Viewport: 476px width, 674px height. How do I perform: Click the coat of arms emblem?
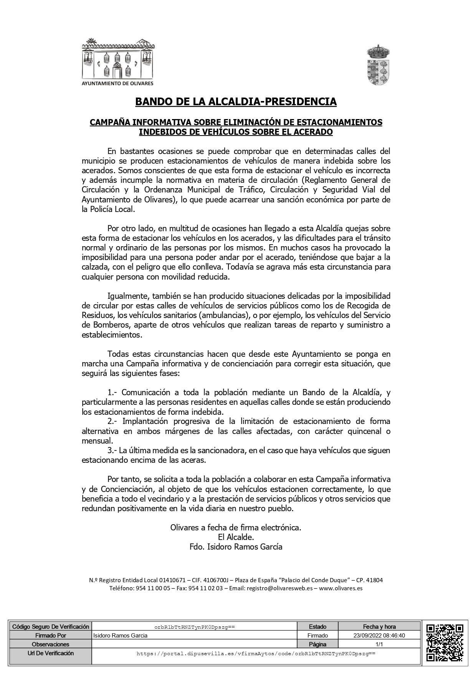378,65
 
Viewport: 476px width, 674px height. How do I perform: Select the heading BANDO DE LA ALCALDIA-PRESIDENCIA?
236,102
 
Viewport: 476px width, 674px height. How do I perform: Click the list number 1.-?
114,393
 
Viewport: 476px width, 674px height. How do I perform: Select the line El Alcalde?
236,537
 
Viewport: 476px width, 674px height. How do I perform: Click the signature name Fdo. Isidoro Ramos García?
236,547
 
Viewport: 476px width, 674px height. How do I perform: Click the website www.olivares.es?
341,588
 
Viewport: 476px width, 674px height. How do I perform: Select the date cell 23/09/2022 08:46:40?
379,636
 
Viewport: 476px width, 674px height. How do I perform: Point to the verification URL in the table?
256,653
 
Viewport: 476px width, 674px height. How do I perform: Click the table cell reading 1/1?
379,644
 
